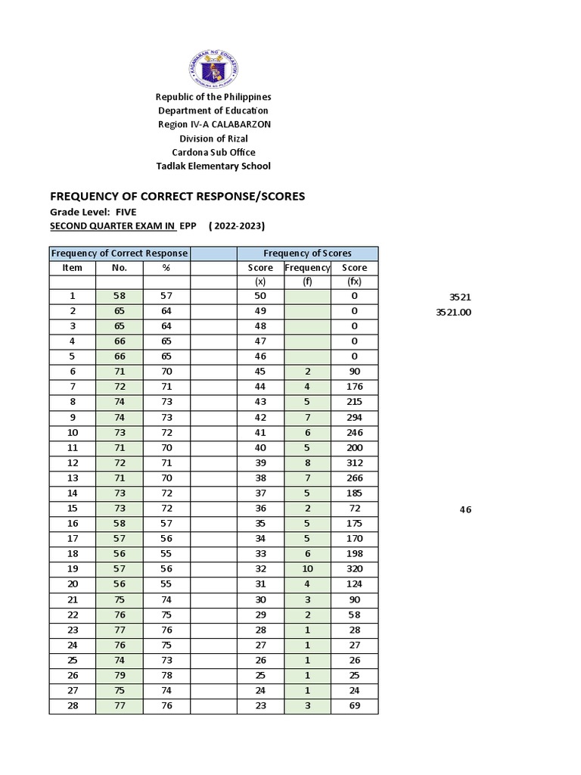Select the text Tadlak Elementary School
pyautogui.click(x=213, y=167)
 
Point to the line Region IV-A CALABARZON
pyautogui.click(x=213, y=125)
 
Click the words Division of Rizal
pyautogui.click(x=213, y=139)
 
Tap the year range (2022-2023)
pyautogui.click(x=237, y=226)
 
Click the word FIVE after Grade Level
pyautogui.click(x=126, y=213)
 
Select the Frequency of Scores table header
pyautogui.click(x=307, y=254)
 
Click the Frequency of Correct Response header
pyautogui.click(x=120, y=254)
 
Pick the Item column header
pyautogui.click(x=73, y=268)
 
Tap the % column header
pyautogui.click(x=166, y=268)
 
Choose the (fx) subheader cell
pyautogui.click(x=354, y=282)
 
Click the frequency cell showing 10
pyautogui.click(x=307, y=569)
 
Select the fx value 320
pyautogui.click(x=354, y=569)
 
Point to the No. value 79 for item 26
pyautogui.click(x=120, y=675)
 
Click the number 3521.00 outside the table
pyautogui.click(x=453, y=312)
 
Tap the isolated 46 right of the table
pyautogui.click(x=465, y=510)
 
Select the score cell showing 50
pyautogui.click(x=260, y=297)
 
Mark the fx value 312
pyautogui.click(x=354, y=463)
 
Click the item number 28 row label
pyautogui.click(x=73, y=706)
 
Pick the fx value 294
pyautogui.click(x=354, y=418)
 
